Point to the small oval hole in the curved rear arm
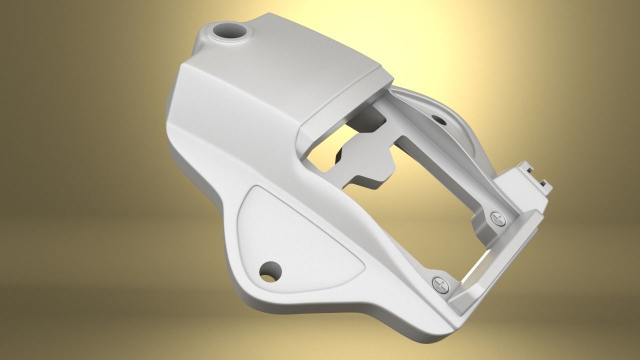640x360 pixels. point(440,119)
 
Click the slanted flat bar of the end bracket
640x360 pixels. point(500,260)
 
